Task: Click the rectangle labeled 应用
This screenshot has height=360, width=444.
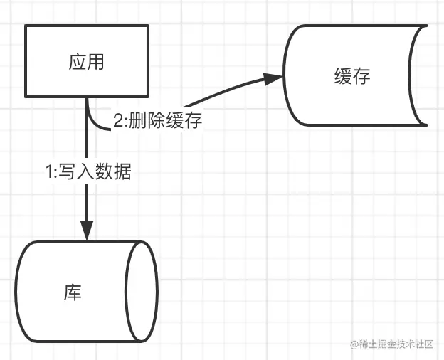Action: coord(87,62)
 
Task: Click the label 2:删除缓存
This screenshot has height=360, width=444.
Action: coord(157,121)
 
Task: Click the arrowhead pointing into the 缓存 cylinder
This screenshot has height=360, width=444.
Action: coord(274,78)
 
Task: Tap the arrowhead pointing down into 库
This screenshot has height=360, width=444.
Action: coord(87,231)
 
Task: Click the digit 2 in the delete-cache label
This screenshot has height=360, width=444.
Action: coord(117,121)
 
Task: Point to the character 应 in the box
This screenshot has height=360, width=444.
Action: coord(78,62)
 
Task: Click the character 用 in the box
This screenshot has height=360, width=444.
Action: coord(95,62)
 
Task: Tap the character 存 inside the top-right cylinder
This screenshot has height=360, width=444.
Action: coord(361,76)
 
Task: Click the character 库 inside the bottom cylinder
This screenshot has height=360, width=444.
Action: coord(73,292)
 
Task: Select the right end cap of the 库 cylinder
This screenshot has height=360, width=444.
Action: coord(142,292)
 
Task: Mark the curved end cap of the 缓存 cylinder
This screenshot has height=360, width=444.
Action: coord(418,76)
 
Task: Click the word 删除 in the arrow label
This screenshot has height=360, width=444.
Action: coord(148,121)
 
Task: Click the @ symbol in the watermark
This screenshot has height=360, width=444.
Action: coord(354,344)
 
